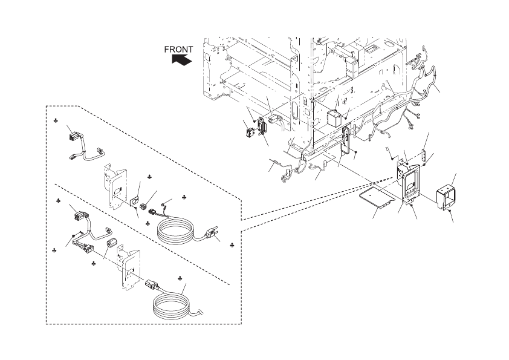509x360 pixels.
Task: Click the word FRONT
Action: (179, 50)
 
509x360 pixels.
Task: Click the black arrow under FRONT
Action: (181, 60)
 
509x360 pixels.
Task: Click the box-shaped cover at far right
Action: (447, 195)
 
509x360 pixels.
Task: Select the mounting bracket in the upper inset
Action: (114, 186)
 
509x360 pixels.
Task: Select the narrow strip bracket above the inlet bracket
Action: (426, 157)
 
